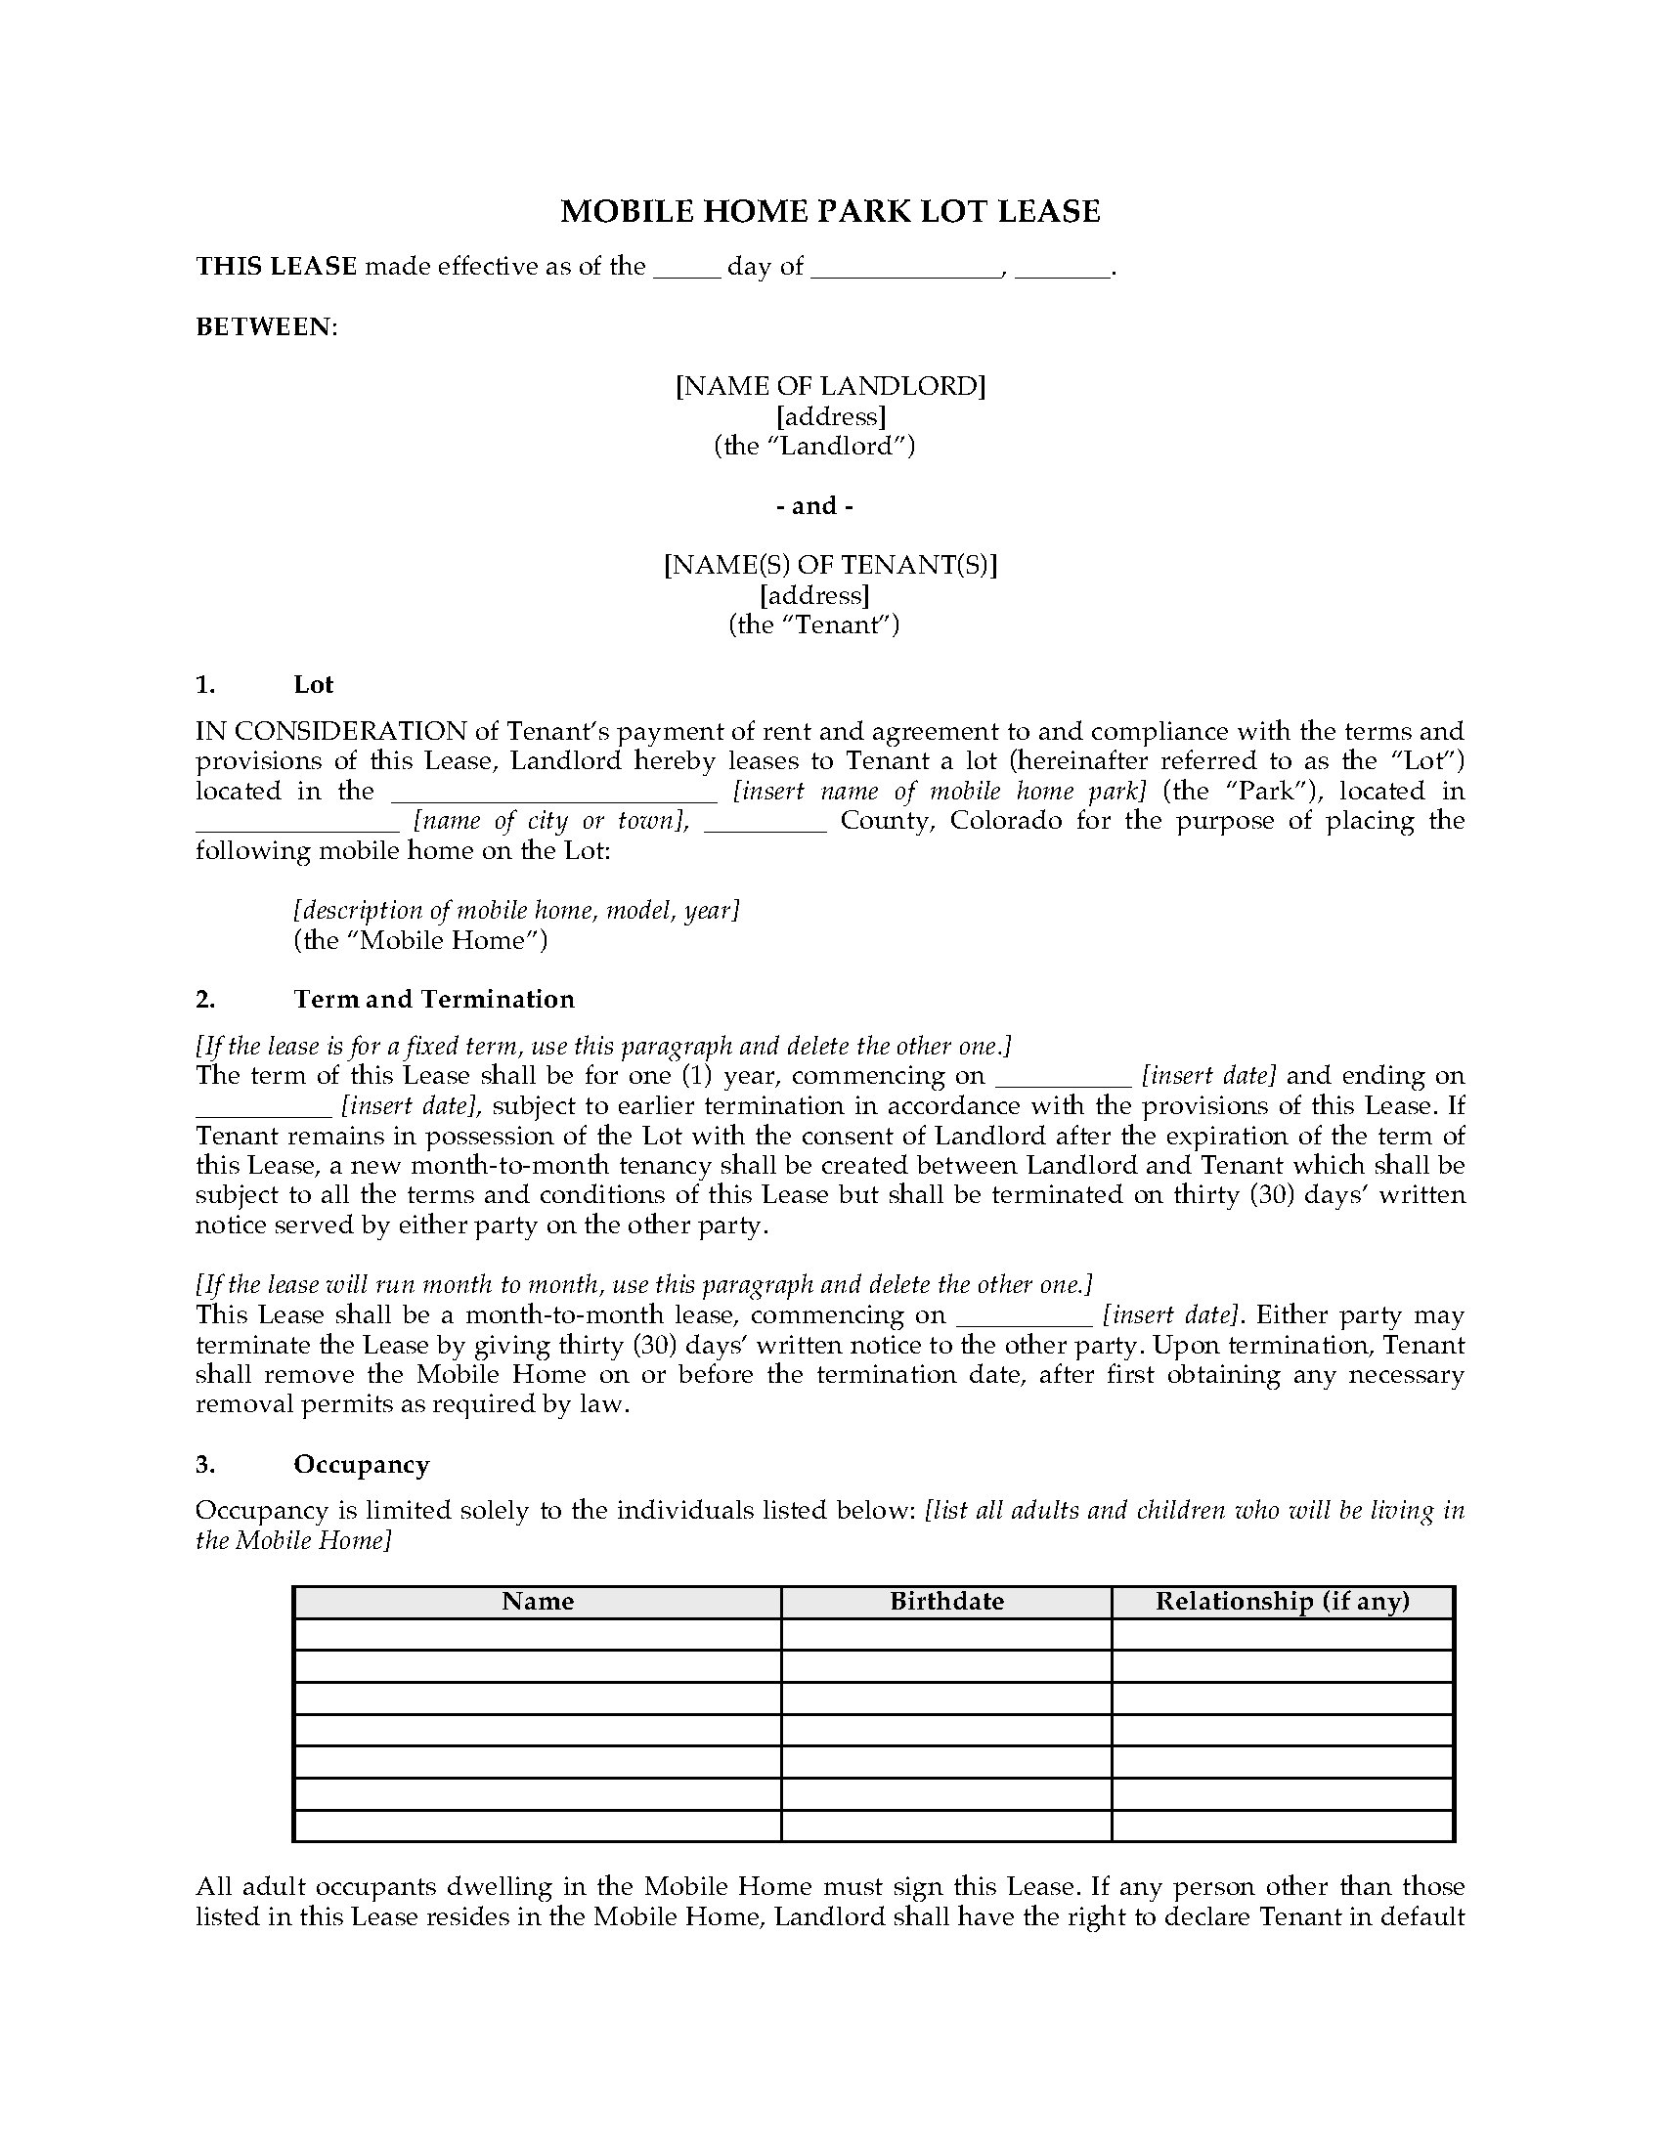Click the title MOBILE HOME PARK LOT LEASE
[830, 212]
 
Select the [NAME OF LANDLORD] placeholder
[830, 386]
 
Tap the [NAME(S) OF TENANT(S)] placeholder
[830, 565]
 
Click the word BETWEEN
[265, 326]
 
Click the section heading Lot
[313, 684]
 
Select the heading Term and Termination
[433, 999]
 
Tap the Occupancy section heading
[362, 1465]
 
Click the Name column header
[537, 1602]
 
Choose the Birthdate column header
[946, 1602]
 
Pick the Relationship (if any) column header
[1282, 1602]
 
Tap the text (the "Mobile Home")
[420, 940]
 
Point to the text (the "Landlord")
[814, 446]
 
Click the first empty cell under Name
[537, 1634]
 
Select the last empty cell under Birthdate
[946, 1827]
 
